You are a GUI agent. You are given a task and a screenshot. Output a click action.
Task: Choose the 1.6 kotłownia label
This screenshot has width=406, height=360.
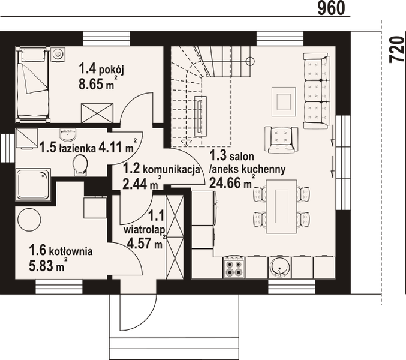(x=61, y=252)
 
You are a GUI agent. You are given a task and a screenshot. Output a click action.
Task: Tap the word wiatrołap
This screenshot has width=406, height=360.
(x=142, y=229)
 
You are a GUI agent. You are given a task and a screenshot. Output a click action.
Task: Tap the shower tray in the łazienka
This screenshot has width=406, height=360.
(x=34, y=183)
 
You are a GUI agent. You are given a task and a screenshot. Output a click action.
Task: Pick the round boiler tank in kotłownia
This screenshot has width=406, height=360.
(x=30, y=221)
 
